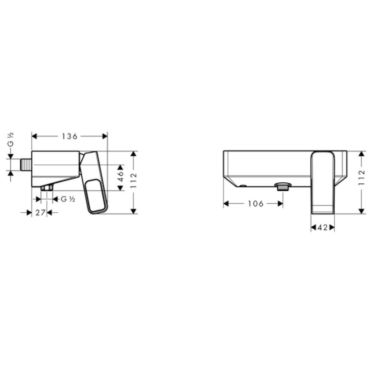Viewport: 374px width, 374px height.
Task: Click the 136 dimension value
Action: click(70, 136)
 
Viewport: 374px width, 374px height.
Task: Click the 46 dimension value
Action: click(121, 176)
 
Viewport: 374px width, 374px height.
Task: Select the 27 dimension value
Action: click(41, 213)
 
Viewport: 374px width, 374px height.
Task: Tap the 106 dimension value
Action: click(255, 204)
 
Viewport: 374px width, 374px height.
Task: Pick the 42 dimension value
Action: click(323, 228)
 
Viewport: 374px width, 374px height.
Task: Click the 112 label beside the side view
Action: click(134, 180)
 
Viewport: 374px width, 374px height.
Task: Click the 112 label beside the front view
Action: click(362, 177)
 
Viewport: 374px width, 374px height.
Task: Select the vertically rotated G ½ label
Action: click(11, 139)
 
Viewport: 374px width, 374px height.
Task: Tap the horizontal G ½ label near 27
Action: click(68, 199)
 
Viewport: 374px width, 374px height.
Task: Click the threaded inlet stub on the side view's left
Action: click(26, 165)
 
